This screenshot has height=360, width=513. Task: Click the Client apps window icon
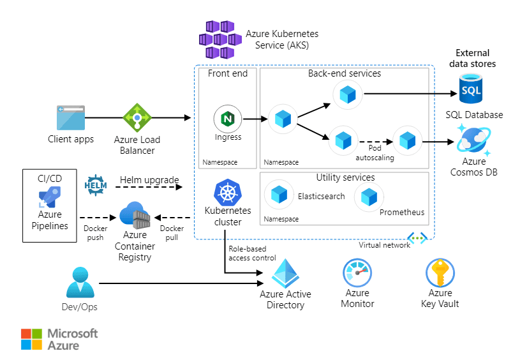(71, 117)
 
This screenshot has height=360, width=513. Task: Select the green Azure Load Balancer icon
(137, 117)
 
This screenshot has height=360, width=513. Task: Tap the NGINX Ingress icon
(227, 119)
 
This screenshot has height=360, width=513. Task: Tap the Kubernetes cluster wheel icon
(227, 191)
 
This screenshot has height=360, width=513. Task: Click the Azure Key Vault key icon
(440, 274)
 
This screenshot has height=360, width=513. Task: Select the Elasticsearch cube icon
(278, 195)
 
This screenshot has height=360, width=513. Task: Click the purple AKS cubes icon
(219, 39)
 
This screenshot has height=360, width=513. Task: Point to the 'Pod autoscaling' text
(373, 153)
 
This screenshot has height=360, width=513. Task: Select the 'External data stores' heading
(472, 59)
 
